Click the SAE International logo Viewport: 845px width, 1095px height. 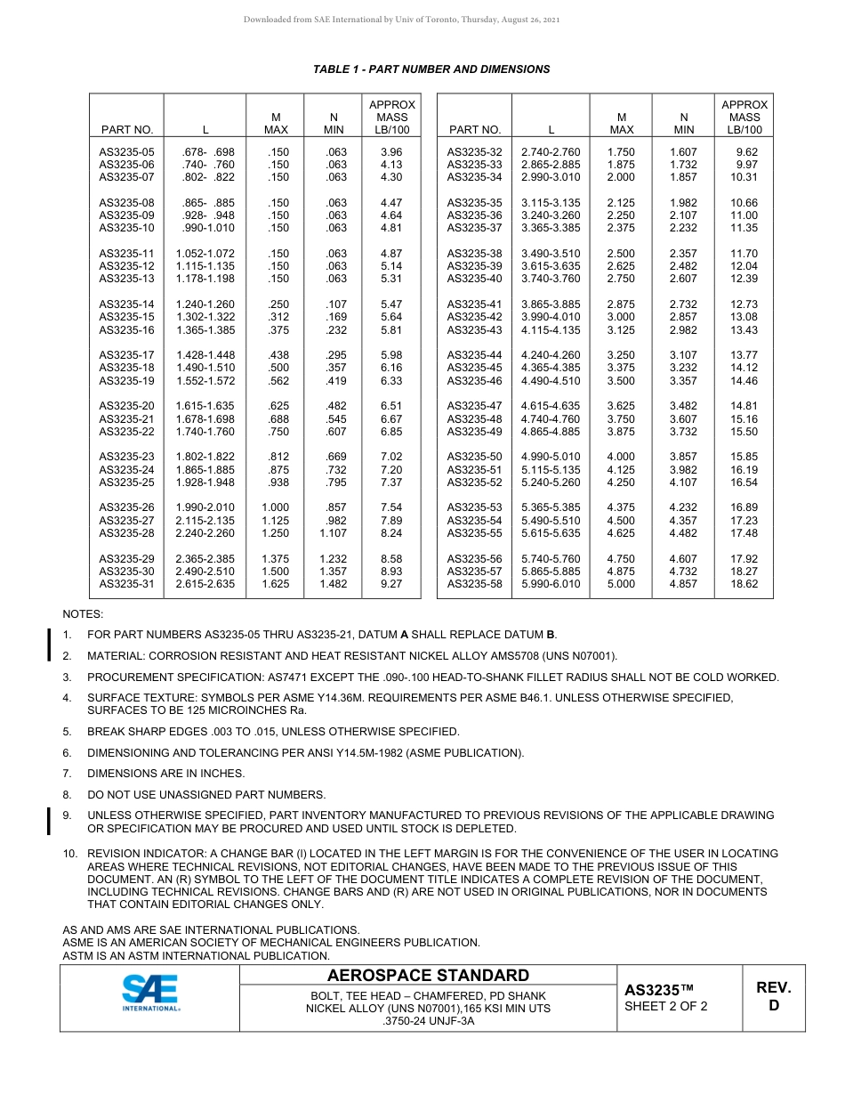point(150,993)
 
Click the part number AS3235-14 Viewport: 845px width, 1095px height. point(126,304)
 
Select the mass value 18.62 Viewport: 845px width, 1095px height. point(744,584)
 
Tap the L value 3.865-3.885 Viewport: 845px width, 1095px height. point(551,304)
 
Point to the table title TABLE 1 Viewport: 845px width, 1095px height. point(431,69)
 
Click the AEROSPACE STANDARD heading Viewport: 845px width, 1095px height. point(428,976)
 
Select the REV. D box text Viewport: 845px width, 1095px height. point(773,997)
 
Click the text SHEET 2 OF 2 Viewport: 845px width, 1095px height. point(666,1007)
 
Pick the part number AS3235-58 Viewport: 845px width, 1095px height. point(474,584)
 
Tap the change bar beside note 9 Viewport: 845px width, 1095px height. point(48,821)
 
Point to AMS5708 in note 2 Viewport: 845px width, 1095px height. point(525,656)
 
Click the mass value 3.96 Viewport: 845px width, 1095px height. point(391,152)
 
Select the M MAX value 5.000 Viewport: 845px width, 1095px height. point(621,584)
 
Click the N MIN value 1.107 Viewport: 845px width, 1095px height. point(334,533)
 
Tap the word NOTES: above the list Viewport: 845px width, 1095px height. point(83,614)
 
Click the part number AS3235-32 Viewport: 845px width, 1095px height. point(474,152)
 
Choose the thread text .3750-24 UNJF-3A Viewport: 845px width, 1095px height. point(428,1021)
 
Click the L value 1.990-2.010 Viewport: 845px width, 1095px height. point(205,507)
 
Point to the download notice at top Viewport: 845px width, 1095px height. point(402,20)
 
